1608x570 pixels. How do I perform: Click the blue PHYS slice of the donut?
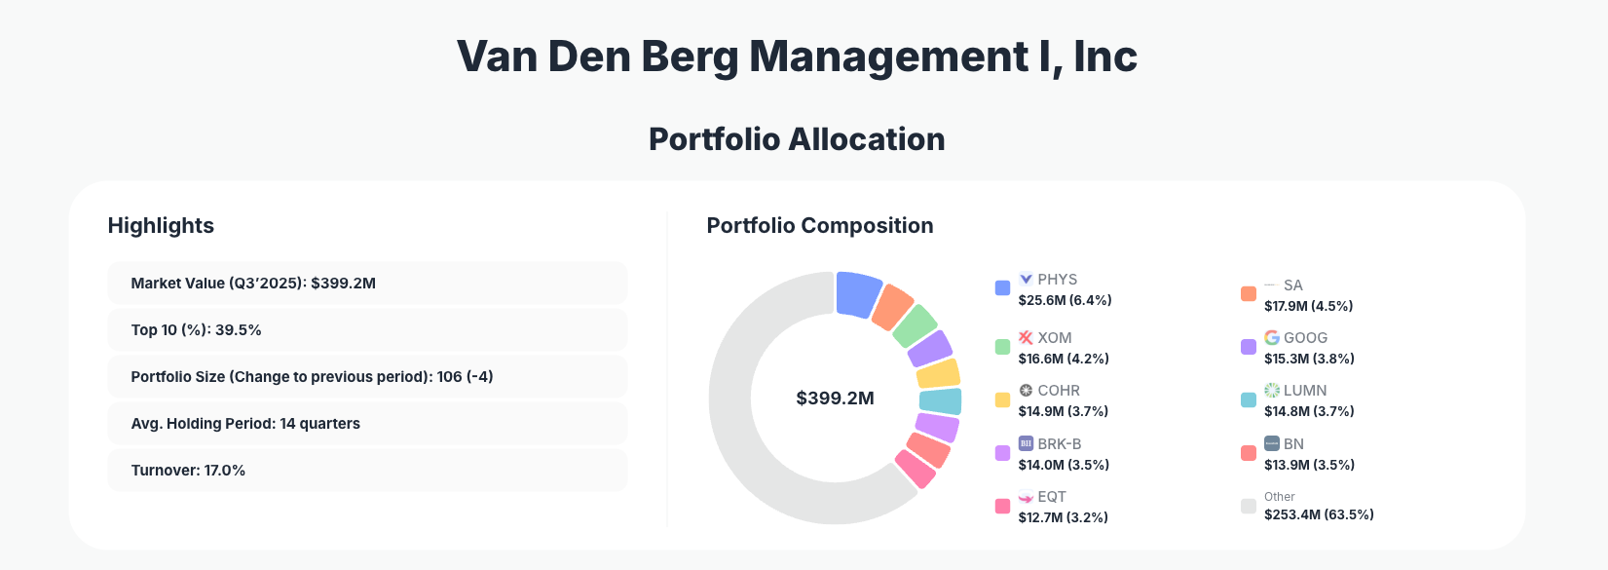pyautogui.click(x=857, y=293)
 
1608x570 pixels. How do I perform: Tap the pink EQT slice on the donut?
pyautogui.click(x=916, y=469)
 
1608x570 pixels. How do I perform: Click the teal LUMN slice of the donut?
pyautogui.click(x=940, y=401)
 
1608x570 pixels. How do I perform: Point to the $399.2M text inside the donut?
pyautogui.click(x=835, y=399)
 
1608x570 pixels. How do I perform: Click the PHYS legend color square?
pyautogui.click(x=1002, y=287)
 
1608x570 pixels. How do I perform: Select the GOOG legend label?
pyautogui.click(x=1305, y=338)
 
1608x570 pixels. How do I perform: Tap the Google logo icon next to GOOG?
pyautogui.click(x=1272, y=337)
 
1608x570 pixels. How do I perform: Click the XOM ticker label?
pyautogui.click(x=1054, y=338)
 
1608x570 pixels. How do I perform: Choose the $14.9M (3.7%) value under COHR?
pyautogui.click(x=1063, y=411)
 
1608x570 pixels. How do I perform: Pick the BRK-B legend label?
pyautogui.click(x=1059, y=444)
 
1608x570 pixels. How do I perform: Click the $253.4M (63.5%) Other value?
pyautogui.click(x=1319, y=514)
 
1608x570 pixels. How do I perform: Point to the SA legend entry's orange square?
pyautogui.click(x=1249, y=293)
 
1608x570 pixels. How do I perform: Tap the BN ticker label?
pyautogui.click(x=1293, y=444)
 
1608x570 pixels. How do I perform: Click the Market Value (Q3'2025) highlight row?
pyautogui.click(x=366, y=284)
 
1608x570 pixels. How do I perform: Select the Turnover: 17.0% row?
pyautogui.click(x=366, y=471)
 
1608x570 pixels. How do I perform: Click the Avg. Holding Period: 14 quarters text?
pyautogui.click(x=245, y=424)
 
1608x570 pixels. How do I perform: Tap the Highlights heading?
pyautogui.click(x=161, y=226)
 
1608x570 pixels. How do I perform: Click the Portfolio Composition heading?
pyautogui.click(x=819, y=226)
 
